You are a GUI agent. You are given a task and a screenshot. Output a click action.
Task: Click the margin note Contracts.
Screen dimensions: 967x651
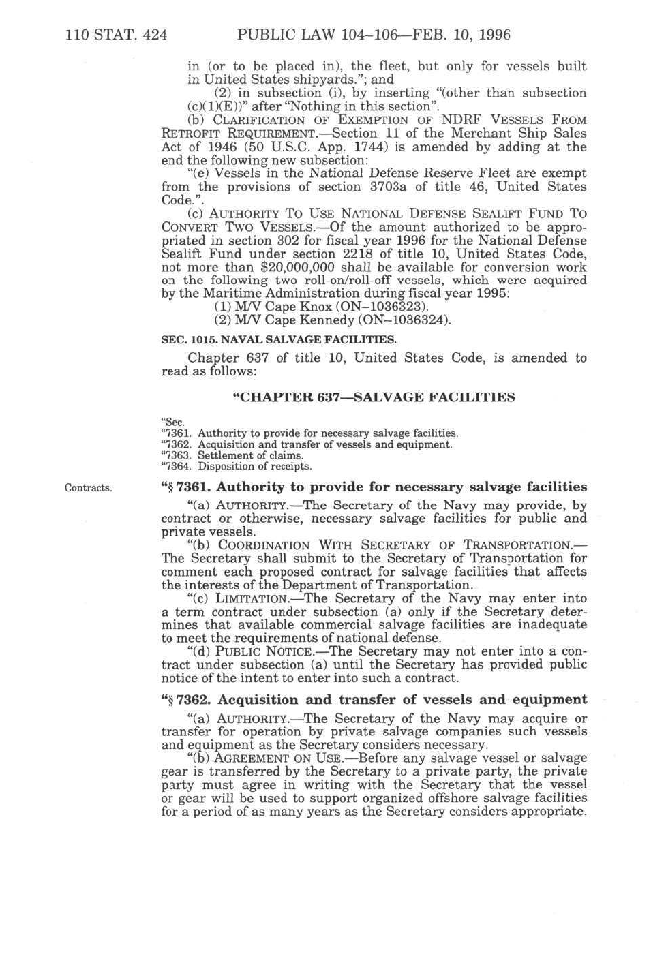pyautogui.click(x=88, y=488)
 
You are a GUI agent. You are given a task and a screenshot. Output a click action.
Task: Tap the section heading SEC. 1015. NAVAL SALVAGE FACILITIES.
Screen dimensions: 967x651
pyautogui.click(x=279, y=339)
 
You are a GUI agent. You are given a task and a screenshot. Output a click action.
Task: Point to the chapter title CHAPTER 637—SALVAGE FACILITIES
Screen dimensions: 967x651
pyautogui.click(x=374, y=397)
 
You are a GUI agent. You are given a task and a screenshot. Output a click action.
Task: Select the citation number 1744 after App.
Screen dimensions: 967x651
pyautogui.click(x=359, y=147)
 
